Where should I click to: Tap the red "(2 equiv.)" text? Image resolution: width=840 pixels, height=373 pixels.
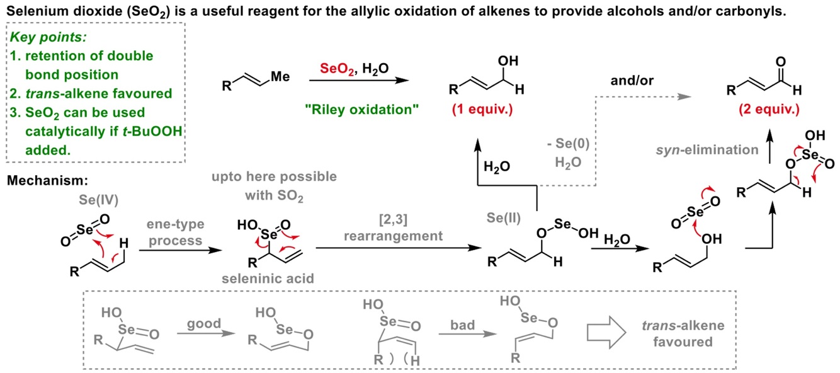[x=769, y=110]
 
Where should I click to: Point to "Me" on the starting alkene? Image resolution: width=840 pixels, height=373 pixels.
[x=281, y=77]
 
